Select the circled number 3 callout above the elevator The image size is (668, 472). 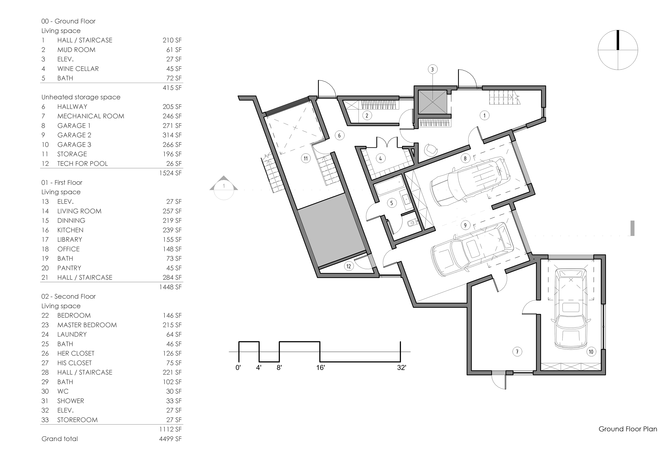coord(432,69)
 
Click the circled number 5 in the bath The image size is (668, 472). coord(392,203)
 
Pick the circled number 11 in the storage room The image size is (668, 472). coord(306,159)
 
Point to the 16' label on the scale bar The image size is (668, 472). coord(320,368)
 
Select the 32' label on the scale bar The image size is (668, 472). coord(401,368)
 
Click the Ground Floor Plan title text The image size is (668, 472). coord(628,429)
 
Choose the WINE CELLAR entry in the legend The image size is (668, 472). coord(78,69)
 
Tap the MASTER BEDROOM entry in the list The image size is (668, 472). coord(87,325)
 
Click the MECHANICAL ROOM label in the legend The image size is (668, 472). coord(91,116)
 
